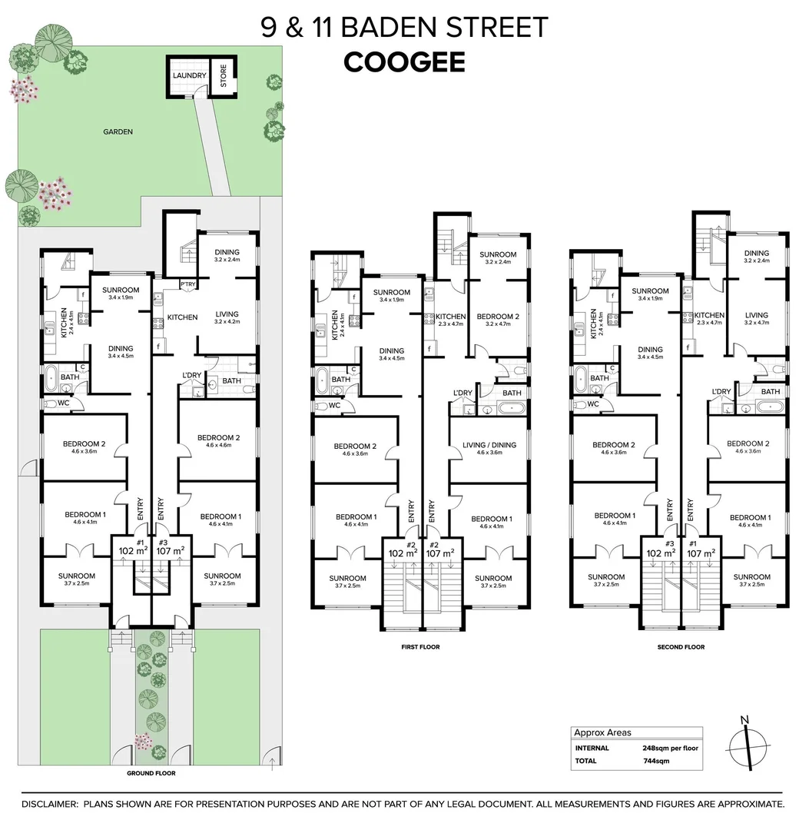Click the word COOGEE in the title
pyautogui.click(x=404, y=61)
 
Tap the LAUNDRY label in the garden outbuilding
pyautogui.click(x=189, y=76)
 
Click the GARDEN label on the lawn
pyautogui.click(x=118, y=131)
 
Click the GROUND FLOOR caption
pyautogui.click(x=152, y=773)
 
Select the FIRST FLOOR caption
pyautogui.click(x=420, y=647)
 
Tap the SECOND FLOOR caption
pyautogui.click(x=681, y=647)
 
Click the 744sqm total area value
pyautogui.click(x=655, y=761)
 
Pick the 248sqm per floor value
pyautogui.click(x=670, y=747)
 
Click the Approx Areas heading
pyautogui.click(x=602, y=732)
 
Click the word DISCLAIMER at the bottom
pyautogui.click(x=50, y=804)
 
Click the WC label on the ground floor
pyautogui.click(x=64, y=403)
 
